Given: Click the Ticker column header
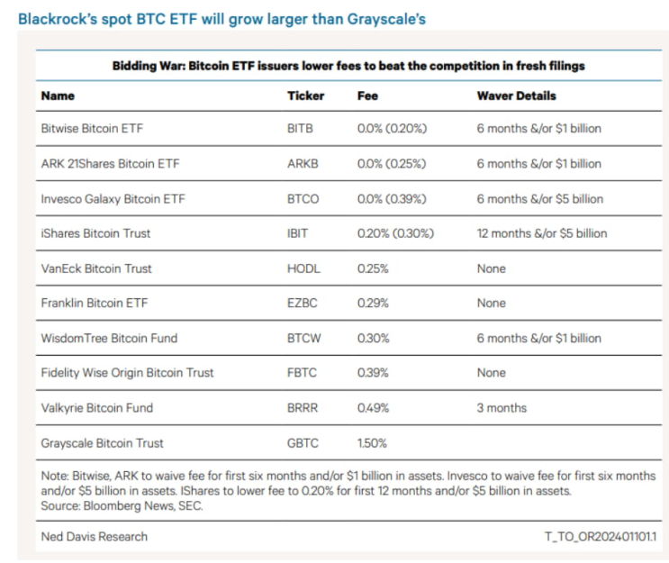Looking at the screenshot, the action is point(305,95).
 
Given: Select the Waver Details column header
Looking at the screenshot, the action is point(516,95).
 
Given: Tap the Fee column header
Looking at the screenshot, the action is point(367,95).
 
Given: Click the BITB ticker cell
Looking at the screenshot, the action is point(300,129).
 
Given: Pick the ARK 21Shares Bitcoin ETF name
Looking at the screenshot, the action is point(110,163).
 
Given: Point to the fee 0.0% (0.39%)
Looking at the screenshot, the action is point(392,199).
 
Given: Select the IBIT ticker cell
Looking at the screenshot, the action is point(297,233).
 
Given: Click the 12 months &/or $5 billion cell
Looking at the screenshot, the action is point(542,233).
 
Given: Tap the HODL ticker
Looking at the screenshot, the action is point(303,268).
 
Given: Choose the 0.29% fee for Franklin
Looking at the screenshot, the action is point(373,303).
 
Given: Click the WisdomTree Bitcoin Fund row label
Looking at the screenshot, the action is point(109,338).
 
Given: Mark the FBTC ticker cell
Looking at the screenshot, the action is point(302,373).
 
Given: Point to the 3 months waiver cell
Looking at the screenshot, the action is point(502,408).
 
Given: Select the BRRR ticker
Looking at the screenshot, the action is point(302,408).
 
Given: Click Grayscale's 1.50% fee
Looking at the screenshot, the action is point(372,443).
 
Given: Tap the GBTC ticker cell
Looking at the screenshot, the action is point(303,443).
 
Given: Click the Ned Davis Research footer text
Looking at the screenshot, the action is point(94,537).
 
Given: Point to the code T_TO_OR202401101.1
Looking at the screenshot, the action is point(601,537).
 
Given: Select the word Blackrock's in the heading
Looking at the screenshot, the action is point(58,19).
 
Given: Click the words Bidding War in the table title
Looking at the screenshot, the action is point(149,66).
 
